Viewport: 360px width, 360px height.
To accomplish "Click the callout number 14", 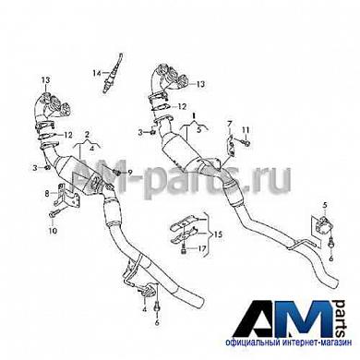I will tap(95, 71).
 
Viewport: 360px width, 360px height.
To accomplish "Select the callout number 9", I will tap(130, 173).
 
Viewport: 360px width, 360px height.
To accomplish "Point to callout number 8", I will tap(47, 194).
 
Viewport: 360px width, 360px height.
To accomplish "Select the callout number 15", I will tap(219, 236).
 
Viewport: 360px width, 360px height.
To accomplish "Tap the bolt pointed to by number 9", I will tap(118, 173).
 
